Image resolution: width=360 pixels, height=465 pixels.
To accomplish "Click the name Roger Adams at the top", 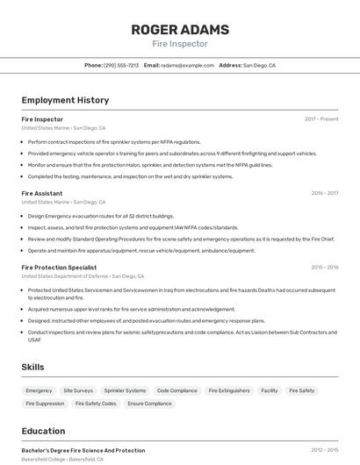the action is point(180,29).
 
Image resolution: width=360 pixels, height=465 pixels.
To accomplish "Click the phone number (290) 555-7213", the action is point(121,65).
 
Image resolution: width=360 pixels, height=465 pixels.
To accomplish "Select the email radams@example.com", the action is point(187,65).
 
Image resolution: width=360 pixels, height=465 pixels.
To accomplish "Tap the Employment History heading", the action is point(65,100).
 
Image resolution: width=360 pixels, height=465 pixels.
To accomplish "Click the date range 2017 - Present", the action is point(321,118).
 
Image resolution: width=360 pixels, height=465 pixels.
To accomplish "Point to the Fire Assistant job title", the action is point(42,193).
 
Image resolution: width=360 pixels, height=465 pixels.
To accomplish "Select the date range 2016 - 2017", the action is point(324,193).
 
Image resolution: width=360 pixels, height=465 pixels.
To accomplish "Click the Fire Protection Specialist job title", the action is point(59,267).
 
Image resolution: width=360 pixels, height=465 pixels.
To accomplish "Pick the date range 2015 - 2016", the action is point(324,267).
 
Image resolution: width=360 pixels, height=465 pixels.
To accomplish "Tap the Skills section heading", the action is point(33,367).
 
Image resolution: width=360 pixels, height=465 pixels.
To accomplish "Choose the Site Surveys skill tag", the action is point(78,390).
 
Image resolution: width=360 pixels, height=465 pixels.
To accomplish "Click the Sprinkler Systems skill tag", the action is point(125,390).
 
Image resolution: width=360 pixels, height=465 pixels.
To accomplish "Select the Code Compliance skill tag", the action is point(176,390).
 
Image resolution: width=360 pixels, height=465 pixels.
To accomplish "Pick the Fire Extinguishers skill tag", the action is point(229,390).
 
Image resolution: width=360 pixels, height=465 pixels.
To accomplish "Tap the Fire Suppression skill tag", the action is point(44,404).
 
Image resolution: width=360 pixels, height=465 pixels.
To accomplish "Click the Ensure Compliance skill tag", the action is point(149,404).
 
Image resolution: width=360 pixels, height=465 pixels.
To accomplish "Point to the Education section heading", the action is point(44,431).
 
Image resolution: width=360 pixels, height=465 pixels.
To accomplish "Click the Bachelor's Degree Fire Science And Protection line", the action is point(83,450).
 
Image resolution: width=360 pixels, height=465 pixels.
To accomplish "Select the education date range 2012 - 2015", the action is point(324,450).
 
